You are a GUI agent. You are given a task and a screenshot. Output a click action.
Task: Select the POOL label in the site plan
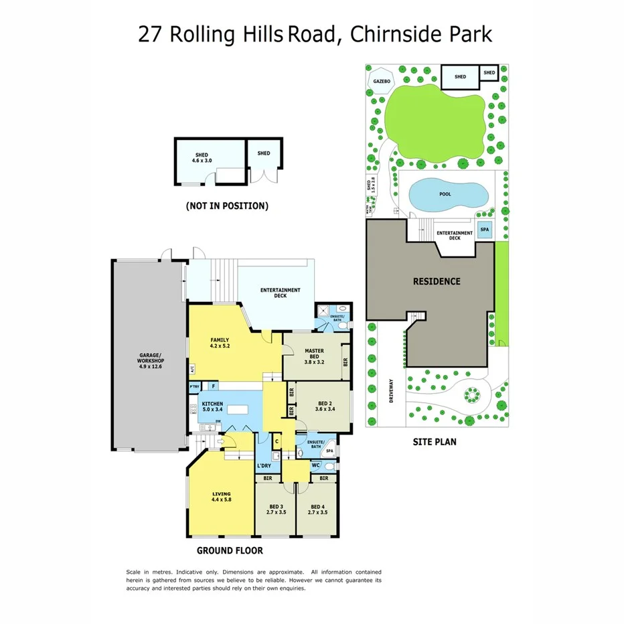click(445, 194)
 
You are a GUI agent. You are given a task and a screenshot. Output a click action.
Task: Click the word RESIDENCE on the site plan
click(437, 281)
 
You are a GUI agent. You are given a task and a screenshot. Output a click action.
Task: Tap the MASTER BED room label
click(314, 356)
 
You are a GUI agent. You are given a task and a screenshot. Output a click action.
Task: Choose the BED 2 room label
click(326, 407)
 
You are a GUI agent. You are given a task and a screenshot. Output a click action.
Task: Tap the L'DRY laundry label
click(264, 465)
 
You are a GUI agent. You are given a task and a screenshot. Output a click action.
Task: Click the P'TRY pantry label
click(196, 386)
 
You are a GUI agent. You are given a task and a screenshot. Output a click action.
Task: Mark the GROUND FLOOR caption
click(229, 551)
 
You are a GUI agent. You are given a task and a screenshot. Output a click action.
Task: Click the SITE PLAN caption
click(435, 442)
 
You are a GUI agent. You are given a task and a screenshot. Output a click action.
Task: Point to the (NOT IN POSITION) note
click(227, 206)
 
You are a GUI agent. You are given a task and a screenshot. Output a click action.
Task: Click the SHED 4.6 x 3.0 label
click(202, 158)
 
